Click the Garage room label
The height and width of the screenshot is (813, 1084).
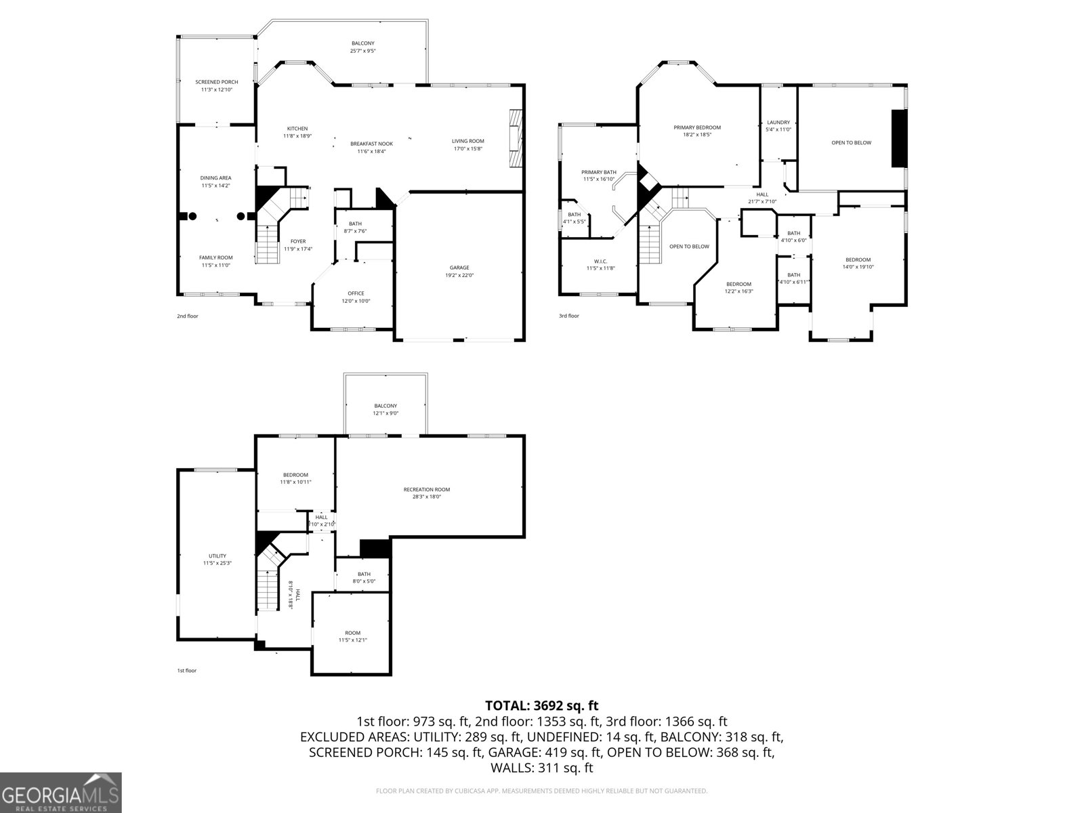(459, 271)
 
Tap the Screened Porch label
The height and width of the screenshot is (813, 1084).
(216, 85)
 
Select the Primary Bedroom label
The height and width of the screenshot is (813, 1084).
(696, 131)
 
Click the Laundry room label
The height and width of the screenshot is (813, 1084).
(778, 126)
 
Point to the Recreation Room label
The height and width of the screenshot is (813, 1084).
(426, 493)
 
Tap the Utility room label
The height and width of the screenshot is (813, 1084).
(217, 559)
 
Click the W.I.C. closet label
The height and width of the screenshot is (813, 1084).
(600, 264)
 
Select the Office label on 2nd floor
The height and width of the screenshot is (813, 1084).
(356, 297)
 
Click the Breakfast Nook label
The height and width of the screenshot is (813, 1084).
(371, 147)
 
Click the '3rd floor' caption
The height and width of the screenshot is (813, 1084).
(569, 316)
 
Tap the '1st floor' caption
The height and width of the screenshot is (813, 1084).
(186, 670)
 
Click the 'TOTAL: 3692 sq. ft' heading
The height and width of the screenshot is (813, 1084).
(541, 706)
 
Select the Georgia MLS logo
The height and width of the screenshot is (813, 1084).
(61, 792)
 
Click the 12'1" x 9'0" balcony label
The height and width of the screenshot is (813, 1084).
(385, 409)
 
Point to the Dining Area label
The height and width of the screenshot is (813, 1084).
(215, 182)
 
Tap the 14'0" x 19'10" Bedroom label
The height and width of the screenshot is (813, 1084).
(858, 264)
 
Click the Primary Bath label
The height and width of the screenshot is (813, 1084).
(599, 175)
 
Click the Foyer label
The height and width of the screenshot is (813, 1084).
(298, 245)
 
